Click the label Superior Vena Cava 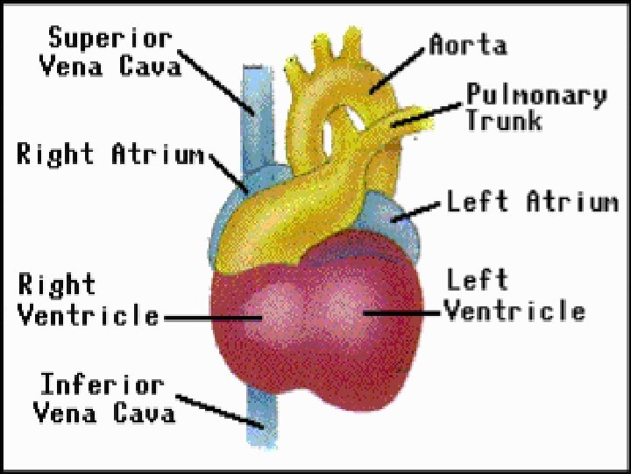[x=110, y=52]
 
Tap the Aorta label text [x=467, y=44]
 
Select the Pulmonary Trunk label [x=535, y=106]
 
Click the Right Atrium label [x=110, y=154]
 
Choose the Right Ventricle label [x=88, y=300]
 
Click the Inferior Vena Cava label [x=103, y=398]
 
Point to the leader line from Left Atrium [x=419, y=209]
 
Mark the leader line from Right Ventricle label [x=207, y=317]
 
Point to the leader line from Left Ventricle [x=403, y=311]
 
